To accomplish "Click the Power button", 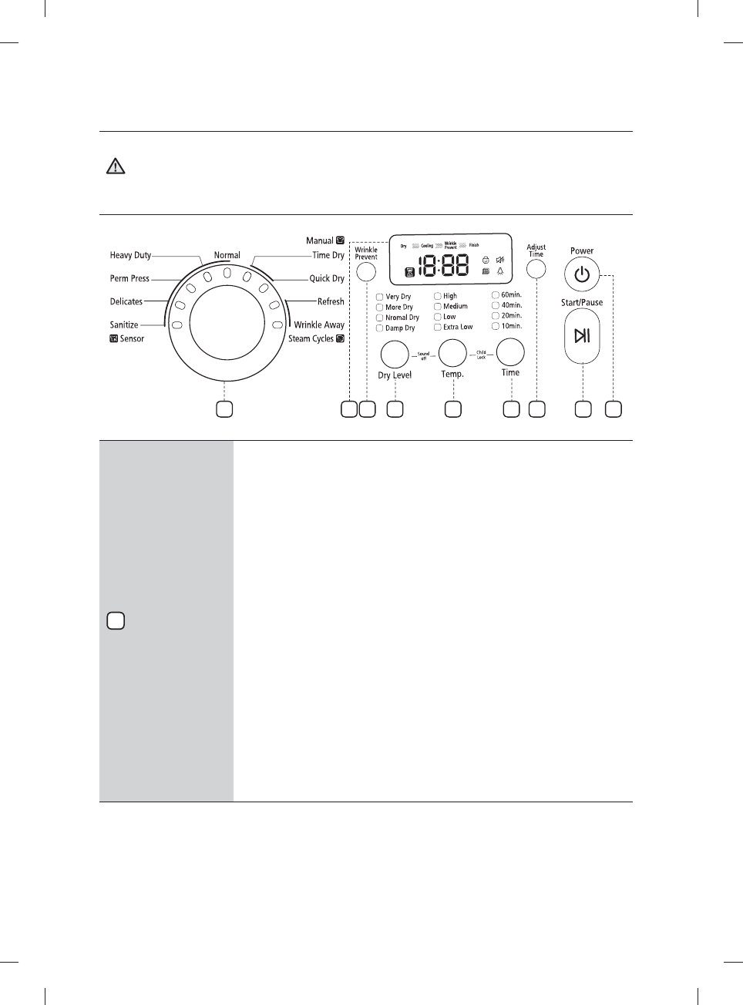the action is (582, 275).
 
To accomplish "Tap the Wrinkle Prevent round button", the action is (366, 271).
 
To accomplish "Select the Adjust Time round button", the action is (536, 269).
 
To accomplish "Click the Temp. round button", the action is (452, 352).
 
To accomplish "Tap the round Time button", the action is (510, 351).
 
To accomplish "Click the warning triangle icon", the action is (116, 166).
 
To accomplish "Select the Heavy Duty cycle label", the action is (130, 255).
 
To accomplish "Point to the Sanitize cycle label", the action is (124, 324).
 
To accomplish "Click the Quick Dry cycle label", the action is (327, 278).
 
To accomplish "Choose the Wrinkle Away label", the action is (319, 324).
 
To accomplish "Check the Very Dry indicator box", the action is (379, 297).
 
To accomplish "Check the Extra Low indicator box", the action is (437, 327).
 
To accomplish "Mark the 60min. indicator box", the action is (496, 294).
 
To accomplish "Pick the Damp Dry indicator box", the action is (379, 328).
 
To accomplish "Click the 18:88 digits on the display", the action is (443, 266).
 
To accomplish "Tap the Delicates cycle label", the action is (126, 301).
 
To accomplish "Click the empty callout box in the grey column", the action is (116, 621).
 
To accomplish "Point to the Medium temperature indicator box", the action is (437, 306).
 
